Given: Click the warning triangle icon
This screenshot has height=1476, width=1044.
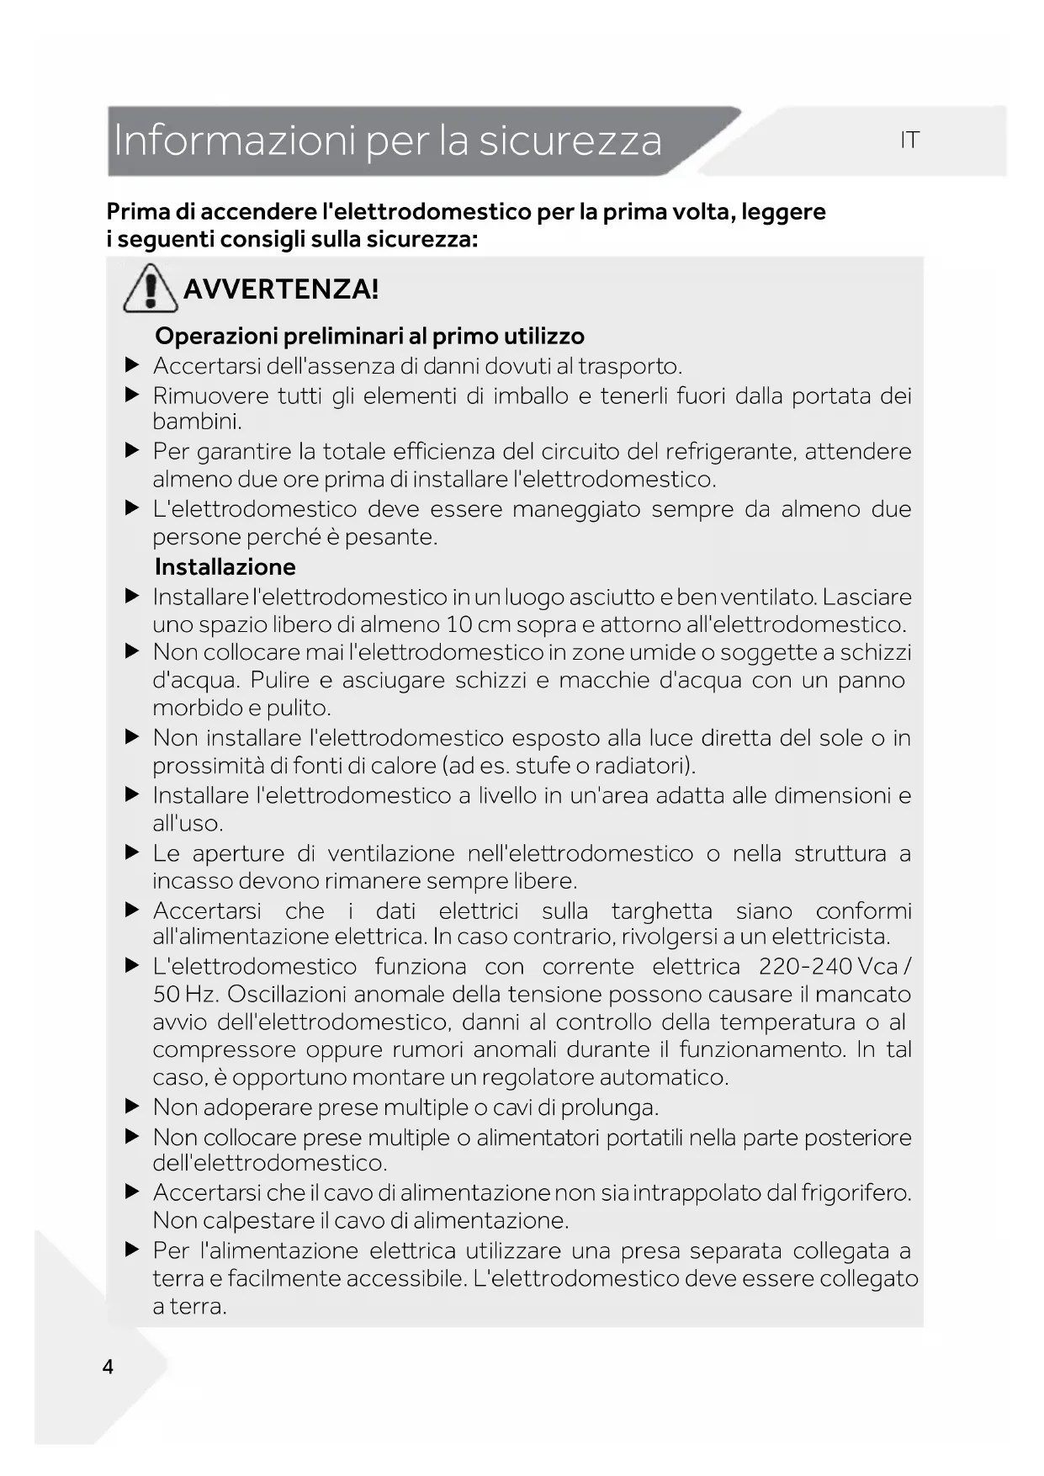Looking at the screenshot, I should pyautogui.click(x=150, y=289).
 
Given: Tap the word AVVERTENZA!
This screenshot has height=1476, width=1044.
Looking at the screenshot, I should pyautogui.click(x=281, y=289).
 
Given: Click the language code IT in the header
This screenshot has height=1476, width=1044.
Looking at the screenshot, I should pyautogui.click(x=909, y=141).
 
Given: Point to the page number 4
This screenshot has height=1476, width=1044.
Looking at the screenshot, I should pyautogui.click(x=108, y=1367).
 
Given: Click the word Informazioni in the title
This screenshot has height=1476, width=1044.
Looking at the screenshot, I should pyautogui.click(x=235, y=141).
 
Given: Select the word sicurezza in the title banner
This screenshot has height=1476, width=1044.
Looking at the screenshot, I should pyautogui.click(x=570, y=141).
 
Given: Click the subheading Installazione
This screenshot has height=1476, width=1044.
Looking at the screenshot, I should pyautogui.click(x=225, y=566).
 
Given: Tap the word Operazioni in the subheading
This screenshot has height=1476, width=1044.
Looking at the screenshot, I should pyautogui.click(x=216, y=336).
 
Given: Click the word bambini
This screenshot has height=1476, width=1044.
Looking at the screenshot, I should pyautogui.click(x=196, y=421).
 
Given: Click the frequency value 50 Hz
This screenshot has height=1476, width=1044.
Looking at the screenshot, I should pyautogui.click(x=184, y=994).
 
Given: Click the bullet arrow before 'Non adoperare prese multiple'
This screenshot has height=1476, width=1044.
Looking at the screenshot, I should pyautogui.click(x=131, y=1107).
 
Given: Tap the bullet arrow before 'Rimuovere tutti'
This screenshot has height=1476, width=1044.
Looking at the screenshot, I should pyautogui.click(x=131, y=395).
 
